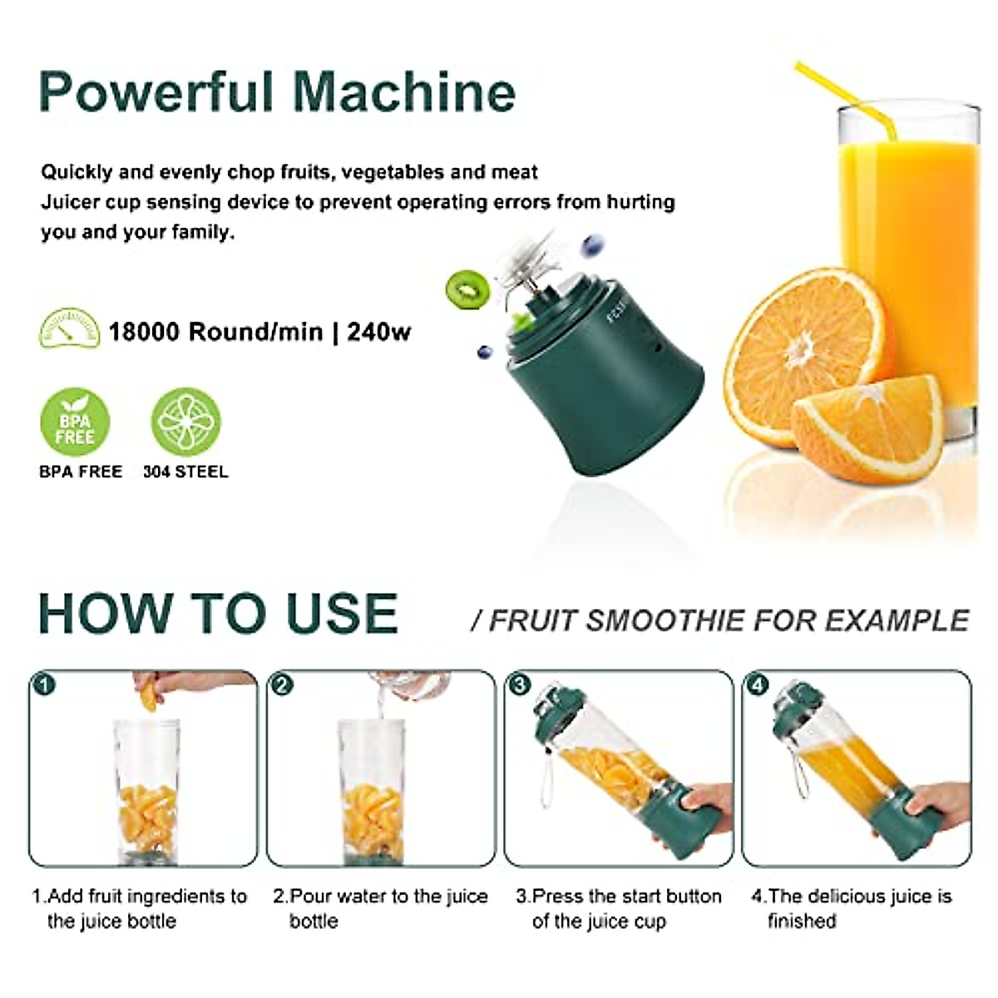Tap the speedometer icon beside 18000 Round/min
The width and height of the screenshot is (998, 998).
(69, 329)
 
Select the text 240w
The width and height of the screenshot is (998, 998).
(379, 332)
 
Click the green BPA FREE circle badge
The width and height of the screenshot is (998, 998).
(75, 422)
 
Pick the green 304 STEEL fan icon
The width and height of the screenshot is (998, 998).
(185, 422)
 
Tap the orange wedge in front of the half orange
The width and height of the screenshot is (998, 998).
(865, 428)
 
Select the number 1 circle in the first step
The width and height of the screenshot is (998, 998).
(43, 685)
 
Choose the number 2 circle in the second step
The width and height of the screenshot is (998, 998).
(282, 685)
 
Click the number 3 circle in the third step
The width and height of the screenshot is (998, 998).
(520, 685)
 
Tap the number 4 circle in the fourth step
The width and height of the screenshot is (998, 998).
(758, 685)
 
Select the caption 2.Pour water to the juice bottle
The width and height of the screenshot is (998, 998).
(380, 908)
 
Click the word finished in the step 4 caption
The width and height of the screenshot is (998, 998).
(802, 921)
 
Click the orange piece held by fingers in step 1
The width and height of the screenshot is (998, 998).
(149, 694)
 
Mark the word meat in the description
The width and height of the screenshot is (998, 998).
(516, 172)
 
